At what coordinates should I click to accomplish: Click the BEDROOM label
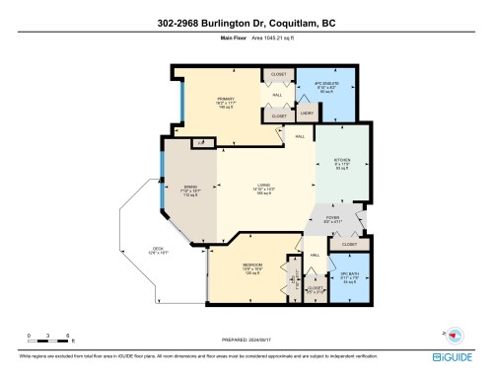(251, 267)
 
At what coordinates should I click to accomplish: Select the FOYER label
(332, 218)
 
